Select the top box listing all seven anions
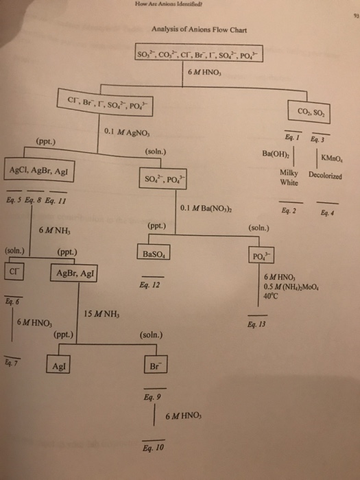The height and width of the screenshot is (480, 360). [x=195, y=55]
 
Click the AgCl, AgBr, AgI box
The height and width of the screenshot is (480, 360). [x=34, y=171]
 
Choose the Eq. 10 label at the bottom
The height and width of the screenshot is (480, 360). [x=154, y=450]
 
